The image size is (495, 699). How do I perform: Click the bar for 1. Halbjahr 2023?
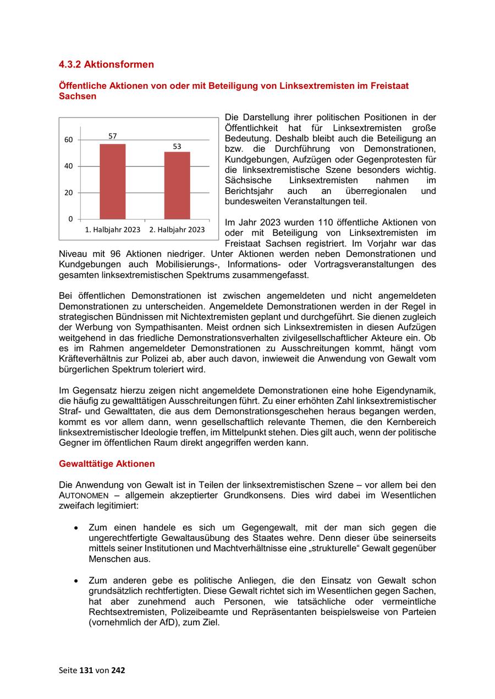click(x=112, y=181)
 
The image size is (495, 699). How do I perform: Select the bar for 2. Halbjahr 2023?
click(x=177, y=186)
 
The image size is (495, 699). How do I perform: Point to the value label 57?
click(x=112, y=136)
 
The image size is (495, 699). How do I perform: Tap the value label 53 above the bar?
click(x=177, y=147)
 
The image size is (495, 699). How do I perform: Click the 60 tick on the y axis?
click(x=69, y=140)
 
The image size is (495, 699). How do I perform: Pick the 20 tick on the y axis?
click(x=69, y=193)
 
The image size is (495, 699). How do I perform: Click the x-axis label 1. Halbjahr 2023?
click(x=112, y=230)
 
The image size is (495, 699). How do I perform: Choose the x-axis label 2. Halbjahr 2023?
click(x=177, y=230)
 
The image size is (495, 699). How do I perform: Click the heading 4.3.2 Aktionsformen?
click(x=106, y=64)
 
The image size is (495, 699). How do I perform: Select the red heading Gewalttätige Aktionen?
click(x=107, y=463)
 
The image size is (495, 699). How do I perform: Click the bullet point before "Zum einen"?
click(x=76, y=528)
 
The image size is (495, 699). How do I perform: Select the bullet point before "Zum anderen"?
click(x=76, y=581)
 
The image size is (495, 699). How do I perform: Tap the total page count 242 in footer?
click(x=118, y=670)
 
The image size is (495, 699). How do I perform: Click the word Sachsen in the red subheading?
click(x=78, y=96)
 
